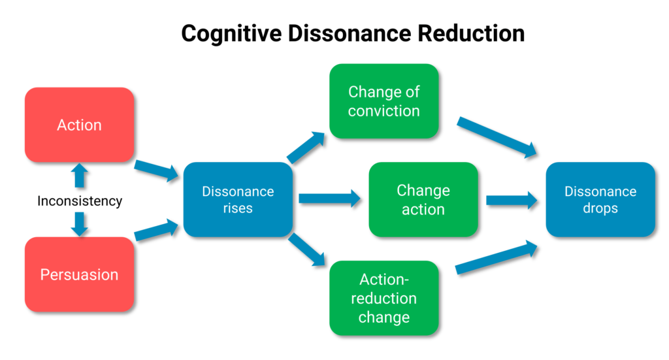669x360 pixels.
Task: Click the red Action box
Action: coord(79,125)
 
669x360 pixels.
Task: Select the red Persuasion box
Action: coord(79,274)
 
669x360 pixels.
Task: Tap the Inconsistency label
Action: coord(80,201)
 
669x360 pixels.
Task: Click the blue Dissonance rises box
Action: coord(238,199)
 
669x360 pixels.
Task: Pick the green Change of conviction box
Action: coord(384,101)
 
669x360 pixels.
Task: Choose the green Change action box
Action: coord(423,199)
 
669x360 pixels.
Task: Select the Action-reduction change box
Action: coord(384,298)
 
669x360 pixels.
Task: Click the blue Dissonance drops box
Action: coord(600,199)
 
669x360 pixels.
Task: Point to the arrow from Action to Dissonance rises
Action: coord(157,170)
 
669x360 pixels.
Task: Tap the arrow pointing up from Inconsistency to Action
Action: coord(79,176)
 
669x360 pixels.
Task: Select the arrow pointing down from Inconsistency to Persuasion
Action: coord(79,224)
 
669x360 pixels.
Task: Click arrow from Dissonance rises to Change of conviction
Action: coord(306,147)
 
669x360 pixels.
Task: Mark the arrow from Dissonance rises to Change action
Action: coord(330,199)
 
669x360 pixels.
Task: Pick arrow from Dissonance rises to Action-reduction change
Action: coord(307,250)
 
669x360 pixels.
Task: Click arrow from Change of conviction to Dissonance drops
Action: coord(497,137)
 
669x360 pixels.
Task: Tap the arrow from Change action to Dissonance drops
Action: coord(512,200)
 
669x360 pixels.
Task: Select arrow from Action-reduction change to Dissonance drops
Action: coord(497,257)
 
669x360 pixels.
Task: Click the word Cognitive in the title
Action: coord(232,34)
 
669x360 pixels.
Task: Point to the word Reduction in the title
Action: coord(471,33)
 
